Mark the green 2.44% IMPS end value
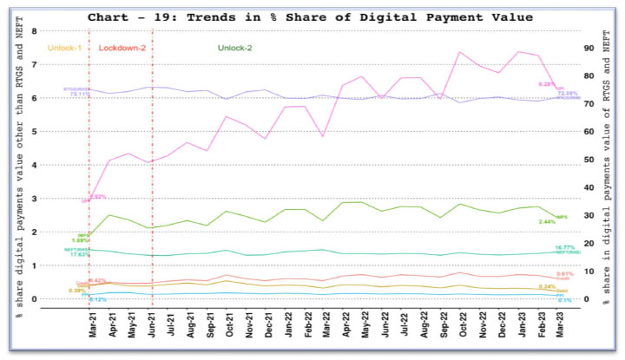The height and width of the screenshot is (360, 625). (x=547, y=222)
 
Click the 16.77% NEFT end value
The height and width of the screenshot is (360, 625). (x=566, y=247)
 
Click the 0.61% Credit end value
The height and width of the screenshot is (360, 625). (x=564, y=274)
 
